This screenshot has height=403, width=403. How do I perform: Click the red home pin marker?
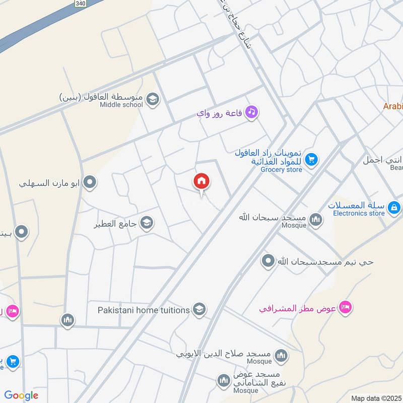coord(201,181)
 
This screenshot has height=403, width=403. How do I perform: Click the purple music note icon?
coord(251,112)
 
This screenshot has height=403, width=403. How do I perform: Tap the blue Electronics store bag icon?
coord(394,207)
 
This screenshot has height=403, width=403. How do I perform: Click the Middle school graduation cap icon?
coord(153,99)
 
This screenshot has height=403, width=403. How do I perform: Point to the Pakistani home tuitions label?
coord(144,310)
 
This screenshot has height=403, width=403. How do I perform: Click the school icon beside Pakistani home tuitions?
coord(199,309)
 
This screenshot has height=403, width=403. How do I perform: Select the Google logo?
coord(21,395)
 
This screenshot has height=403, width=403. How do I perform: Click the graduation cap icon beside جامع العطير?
coord(147,223)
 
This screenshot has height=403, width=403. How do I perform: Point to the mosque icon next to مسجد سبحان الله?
coord(316,219)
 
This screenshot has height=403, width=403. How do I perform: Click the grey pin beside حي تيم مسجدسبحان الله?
coord(268,261)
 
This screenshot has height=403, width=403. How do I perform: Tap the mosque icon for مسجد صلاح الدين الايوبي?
coord(282,356)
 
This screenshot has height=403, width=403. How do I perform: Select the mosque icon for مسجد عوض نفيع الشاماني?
coord(224,381)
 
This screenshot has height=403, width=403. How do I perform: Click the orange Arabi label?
coord(392,106)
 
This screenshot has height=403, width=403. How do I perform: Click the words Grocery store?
coord(282,170)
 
